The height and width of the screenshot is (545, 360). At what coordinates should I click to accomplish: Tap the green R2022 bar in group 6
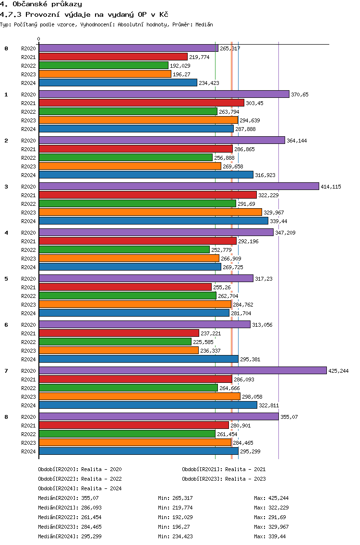[115, 342]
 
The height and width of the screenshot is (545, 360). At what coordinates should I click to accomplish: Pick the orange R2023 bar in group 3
[150, 212]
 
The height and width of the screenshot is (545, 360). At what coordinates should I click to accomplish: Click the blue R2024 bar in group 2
[146, 175]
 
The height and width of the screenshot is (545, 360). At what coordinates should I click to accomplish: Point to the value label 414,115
[331, 187]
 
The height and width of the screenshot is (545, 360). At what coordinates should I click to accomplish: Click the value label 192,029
[180, 66]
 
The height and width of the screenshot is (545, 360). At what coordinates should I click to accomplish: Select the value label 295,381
[250, 359]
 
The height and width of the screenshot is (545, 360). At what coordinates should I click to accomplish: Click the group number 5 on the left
[6, 279]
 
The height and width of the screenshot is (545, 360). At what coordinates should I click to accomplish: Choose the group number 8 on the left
[6, 417]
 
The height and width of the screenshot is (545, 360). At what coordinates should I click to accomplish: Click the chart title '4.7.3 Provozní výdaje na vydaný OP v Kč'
[84, 14]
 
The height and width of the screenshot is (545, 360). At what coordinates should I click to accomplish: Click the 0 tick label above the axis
[39, 39]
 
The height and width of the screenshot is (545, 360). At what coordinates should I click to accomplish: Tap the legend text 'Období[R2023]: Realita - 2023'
[224, 479]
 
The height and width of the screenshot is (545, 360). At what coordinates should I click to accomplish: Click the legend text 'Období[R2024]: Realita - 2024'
[80, 488]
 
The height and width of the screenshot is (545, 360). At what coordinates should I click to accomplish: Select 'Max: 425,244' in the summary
[271, 498]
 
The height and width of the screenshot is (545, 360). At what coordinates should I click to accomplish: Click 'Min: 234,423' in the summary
[175, 536]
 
